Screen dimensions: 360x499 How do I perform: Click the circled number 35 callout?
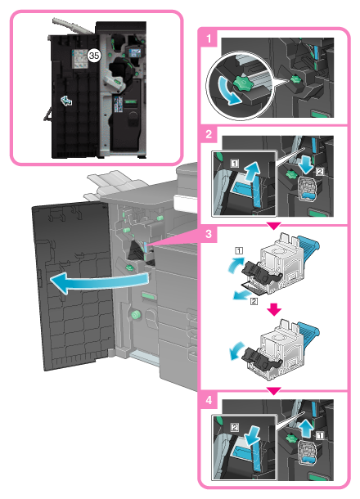(93, 56)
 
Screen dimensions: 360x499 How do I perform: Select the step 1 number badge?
(209, 38)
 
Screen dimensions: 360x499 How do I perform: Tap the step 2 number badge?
(209, 133)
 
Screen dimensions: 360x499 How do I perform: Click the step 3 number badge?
(209, 234)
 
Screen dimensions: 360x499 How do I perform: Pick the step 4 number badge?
(209, 400)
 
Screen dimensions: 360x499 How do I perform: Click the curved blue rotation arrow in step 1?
(227, 92)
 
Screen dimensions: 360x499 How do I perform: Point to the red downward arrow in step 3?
(274, 309)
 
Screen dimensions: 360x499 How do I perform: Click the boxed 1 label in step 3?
(239, 251)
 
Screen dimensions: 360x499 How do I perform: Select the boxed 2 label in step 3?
(254, 301)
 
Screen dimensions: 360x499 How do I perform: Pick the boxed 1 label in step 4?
(320, 435)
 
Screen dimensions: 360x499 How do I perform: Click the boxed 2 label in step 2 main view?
(320, 172)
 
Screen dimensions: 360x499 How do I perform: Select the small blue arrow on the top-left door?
(66, 101)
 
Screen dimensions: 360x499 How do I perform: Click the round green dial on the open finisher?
(136, 315)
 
